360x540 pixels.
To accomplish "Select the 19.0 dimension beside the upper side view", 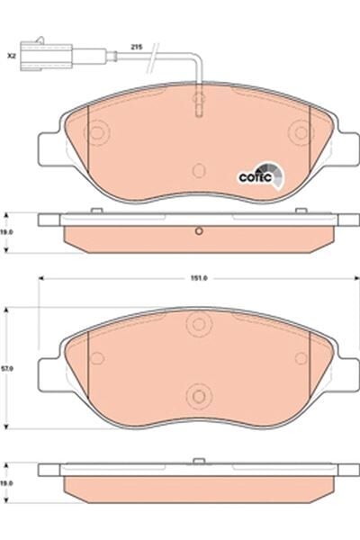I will click(x=8, y=231).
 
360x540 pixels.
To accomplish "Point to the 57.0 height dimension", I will click(x=8, y=368).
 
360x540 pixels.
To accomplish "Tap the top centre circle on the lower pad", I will click(x=197, y=325).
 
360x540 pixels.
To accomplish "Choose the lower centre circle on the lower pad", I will click(x=197, y=392).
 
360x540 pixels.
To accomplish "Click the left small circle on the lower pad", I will click(x=96, y=359).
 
